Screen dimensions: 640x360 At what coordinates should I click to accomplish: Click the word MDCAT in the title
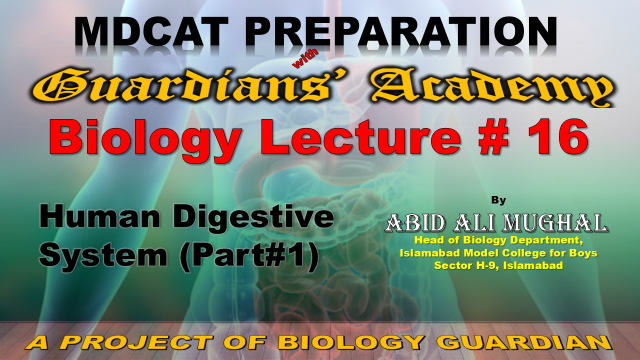151,32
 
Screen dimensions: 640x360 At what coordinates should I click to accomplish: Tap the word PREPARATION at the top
401,32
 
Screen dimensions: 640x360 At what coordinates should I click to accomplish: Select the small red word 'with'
305,59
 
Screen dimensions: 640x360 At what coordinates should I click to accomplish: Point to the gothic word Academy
491,87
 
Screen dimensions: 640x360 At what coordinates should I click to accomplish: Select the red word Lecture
361,137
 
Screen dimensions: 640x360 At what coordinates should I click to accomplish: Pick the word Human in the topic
100,217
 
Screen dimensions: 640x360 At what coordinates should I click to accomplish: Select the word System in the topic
103,256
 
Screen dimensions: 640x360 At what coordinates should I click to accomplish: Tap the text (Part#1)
249,256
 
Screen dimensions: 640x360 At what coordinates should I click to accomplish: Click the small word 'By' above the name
498,200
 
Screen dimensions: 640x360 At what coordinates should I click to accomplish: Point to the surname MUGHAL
555,223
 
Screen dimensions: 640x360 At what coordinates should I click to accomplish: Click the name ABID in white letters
416,223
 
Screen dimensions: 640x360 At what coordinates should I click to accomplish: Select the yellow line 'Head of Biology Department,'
499,240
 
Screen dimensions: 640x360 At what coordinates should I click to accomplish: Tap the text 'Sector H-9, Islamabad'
498,265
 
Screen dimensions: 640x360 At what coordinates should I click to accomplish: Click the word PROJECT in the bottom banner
137,343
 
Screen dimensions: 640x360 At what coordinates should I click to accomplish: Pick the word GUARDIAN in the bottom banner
527,343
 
